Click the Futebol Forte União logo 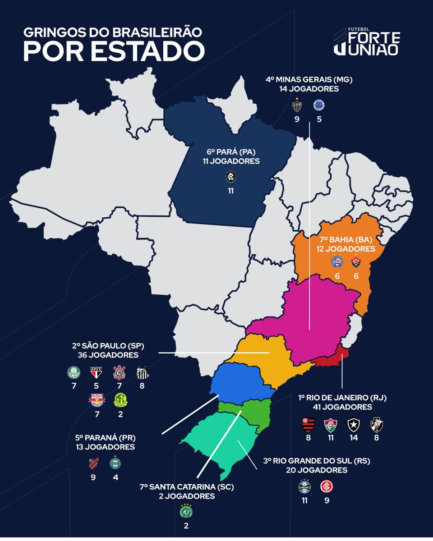pyautogui.click(x=366, y=41)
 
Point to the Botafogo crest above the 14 pyautogui.click(x=353, y=425)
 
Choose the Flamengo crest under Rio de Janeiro pyautogui.click(x=308, y=425)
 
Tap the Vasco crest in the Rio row pyautogui.click(x=376, y=425)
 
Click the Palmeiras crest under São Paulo pyautogui.click(x=72, y=373)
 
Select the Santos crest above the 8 pyautogui.click(x=143, y=373)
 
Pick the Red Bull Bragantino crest pyautogui.click(x=96, y=399)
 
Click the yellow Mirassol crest pyautogui.click(x=120, y=399)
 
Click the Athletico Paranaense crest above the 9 pyautogui.click(x=93, y=463)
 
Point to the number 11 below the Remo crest pyautogui.click(x=230, y=191)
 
